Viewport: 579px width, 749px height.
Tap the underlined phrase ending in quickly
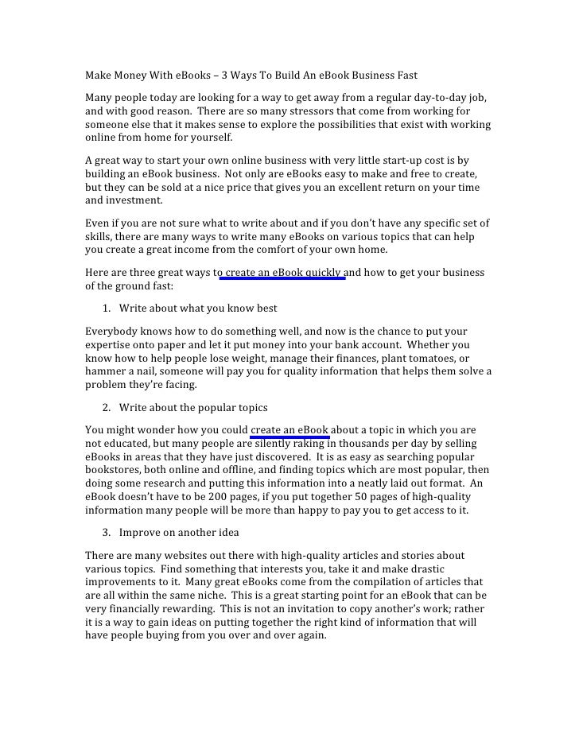click(x=284, y=273)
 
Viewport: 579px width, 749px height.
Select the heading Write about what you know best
click(x=198, y=308)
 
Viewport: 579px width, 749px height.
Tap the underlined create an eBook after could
click(x=289, y=430)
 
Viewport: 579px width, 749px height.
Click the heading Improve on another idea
click(x=179, y=532)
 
